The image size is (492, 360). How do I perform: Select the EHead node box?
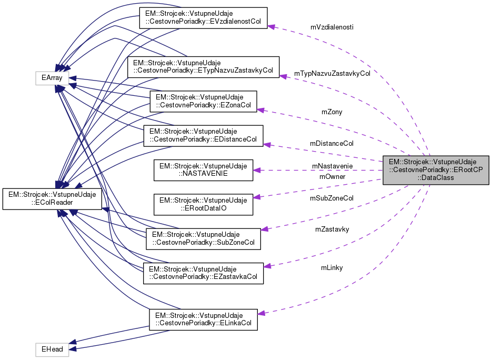(52, 349)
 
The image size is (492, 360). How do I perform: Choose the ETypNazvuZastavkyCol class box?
(203, 67)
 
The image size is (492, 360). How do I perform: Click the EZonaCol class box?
(203, 102)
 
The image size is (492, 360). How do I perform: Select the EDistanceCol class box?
(203, 135)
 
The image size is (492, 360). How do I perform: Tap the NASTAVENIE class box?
(203, 170)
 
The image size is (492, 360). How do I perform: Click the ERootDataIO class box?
(203, 204)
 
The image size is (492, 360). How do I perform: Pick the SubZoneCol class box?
(203, 238)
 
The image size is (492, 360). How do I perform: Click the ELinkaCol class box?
(203, 319)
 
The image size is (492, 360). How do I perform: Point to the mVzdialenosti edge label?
(332, 27)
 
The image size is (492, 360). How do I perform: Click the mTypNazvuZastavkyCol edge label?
(332, 74)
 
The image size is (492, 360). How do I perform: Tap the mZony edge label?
(332, 112)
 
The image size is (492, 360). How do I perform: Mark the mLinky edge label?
(332, 268)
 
